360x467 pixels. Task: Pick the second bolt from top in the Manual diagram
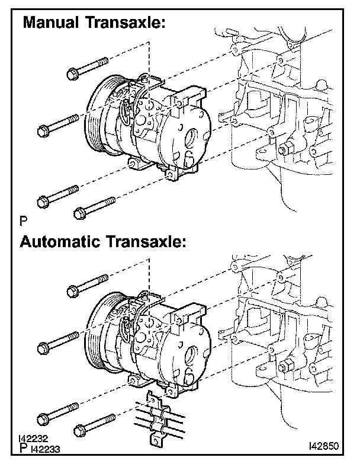tap(57, 124)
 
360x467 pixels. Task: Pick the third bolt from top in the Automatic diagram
tap(57, 413)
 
